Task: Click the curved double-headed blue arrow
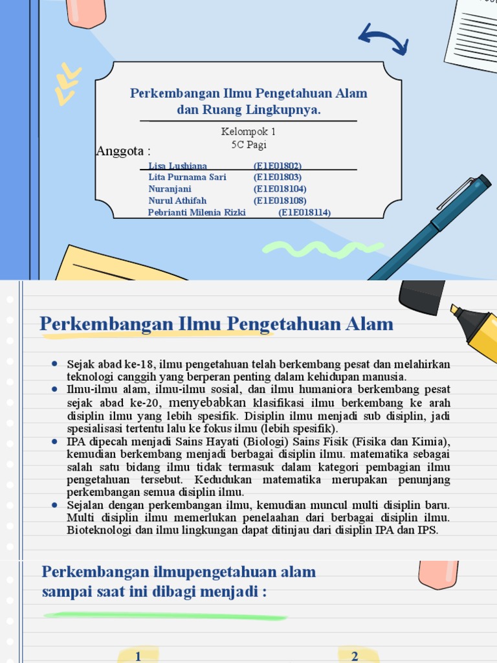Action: (x=382, y=38)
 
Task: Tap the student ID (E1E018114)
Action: (x=304, y=212)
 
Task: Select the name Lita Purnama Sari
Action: (x=187, y=177)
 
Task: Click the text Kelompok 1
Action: (x=248, y=131)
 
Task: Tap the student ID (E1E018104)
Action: (x=280, y=189)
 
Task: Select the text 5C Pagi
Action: (x=248, y=144)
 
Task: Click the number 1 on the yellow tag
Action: (x=138, y=657)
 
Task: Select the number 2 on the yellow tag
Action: (x=355, y=657)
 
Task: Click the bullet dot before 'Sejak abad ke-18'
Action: (x=56, y=365)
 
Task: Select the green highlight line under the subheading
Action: (x=165, y=616)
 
